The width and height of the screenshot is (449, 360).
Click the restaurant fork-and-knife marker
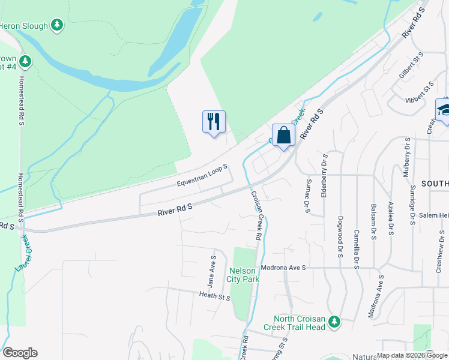(214, 122)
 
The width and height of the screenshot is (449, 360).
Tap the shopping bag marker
(284, 135)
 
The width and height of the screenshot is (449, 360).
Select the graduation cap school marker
(444, 110)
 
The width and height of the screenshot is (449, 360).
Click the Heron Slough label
(23, 25)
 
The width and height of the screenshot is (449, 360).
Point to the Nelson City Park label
(241, 275)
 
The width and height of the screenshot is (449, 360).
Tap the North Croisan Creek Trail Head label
(299, 323)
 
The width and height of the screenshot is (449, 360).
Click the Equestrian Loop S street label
(202, 174)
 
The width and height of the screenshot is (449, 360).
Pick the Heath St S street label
(215, 295)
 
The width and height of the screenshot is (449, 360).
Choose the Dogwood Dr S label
(340, 237)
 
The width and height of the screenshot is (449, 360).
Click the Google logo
(20, 353)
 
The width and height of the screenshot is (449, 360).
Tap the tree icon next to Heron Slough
(56, 25)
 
